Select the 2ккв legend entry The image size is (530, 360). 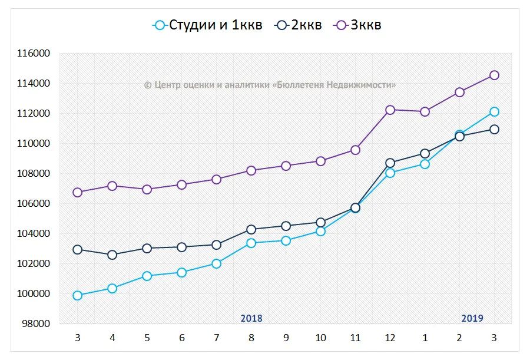(300, 25)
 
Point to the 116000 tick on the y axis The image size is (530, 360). (34, 54)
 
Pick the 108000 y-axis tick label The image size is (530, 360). (34, 174)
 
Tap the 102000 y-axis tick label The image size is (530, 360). (34, 263)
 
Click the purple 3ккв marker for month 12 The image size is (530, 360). (390, 110)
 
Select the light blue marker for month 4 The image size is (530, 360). (112, 288)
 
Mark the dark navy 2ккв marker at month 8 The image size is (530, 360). (251, 229)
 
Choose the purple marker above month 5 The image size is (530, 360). (147, 189)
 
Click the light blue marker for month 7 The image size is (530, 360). (216, 263)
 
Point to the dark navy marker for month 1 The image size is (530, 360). (425, 153)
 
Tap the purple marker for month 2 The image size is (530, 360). (459, 92)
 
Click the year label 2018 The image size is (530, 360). (251, 318)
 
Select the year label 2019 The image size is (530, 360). (472, 318)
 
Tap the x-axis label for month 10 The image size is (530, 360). (320, 338)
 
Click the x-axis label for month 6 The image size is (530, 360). (181, 338)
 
